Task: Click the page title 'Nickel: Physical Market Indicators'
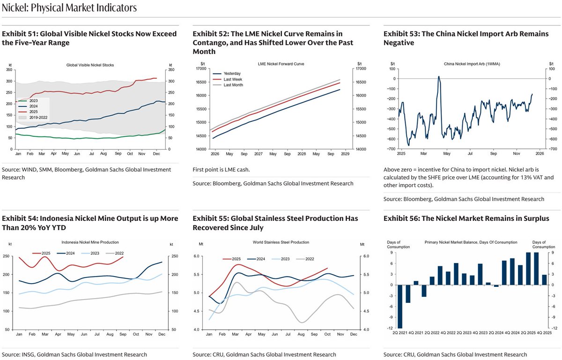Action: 69,8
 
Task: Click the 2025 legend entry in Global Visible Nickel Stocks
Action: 33,112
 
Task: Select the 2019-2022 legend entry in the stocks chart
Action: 37,117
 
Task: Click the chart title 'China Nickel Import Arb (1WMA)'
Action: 466,63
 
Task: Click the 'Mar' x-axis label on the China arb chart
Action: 423,153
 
